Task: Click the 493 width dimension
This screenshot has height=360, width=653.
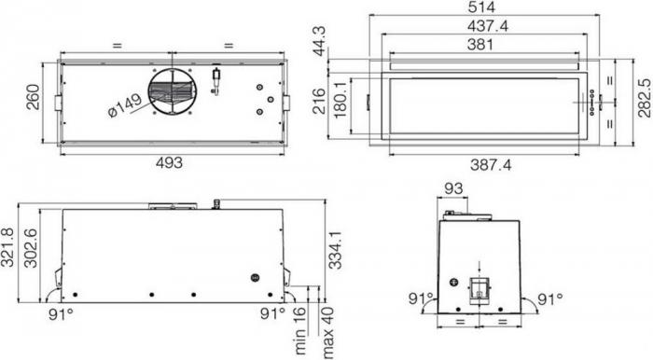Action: [x=168, y=162]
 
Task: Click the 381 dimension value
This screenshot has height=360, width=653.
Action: [x=484, y=45]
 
